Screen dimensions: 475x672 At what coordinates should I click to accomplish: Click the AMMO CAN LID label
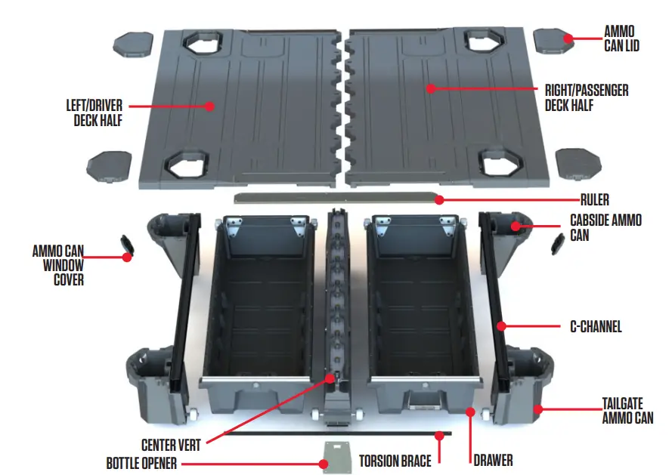624,39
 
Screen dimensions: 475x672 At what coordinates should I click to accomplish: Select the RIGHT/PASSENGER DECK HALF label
586,97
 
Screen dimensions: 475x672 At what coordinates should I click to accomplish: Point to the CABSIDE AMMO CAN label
606,227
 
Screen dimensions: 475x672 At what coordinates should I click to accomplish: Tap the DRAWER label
494,458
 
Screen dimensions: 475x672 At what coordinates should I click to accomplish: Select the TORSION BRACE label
395,459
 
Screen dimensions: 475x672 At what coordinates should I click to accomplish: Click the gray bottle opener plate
336,456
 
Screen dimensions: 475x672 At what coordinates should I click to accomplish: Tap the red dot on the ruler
438,200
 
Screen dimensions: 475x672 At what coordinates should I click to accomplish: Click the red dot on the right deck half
431,88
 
